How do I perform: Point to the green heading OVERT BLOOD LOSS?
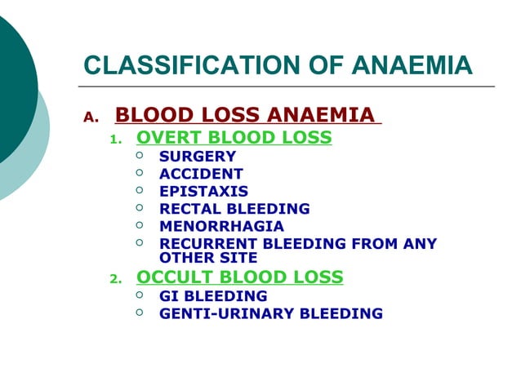coord(234,137)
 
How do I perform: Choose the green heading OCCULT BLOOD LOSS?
coord(239,277)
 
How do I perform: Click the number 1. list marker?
coord(115,140)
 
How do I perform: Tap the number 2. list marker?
coord(115,280)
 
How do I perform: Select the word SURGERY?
coord(198,156)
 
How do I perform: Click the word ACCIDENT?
coord(201,174)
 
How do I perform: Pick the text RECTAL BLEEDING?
coord(234,209)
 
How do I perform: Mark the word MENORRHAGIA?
coord(221,226)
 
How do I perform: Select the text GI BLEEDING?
coord(213,296)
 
